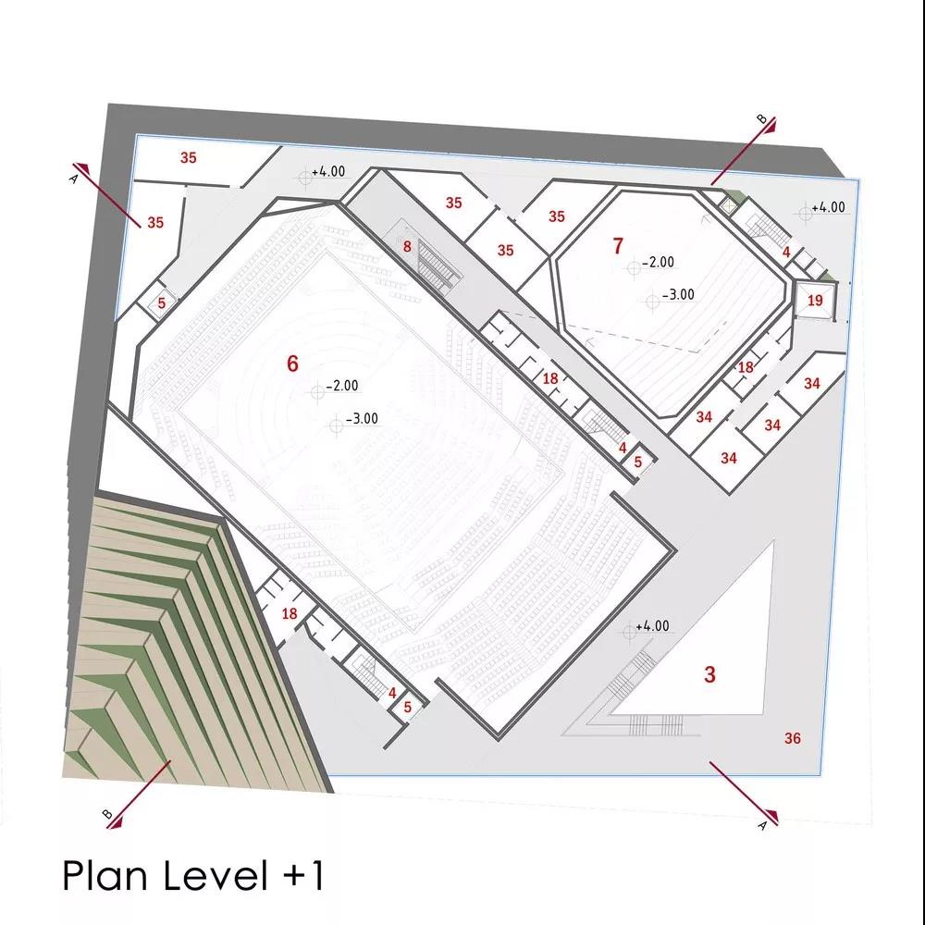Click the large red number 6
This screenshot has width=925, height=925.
[x=292, y=364]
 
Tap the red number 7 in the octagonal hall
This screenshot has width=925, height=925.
[x=618, y=246]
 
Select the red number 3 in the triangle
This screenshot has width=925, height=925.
[x=710, y=674]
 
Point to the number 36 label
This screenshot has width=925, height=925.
[x=793, y=738]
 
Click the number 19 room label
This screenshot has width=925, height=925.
[x=815, y=301]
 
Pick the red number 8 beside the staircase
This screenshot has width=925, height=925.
[x=407, y=247]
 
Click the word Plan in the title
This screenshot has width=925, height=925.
[x=105, y=875]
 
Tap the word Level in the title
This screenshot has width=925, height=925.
[x=216, y=875]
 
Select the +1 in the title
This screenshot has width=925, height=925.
[x=303, y=875]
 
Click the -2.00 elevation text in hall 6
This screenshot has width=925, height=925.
[x=342, y=386]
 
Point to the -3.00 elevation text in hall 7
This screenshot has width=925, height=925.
[x=678, y=294]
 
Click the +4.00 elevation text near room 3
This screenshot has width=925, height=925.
[x=652, y=625]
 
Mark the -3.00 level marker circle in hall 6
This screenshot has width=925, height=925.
[x=337, y=425]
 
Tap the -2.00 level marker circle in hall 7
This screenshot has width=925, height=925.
[x=634, y=268]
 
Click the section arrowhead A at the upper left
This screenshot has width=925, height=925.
[x=82, y=169]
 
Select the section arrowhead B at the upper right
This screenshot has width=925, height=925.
[x=771, y=125]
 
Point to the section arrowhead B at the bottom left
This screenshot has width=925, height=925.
[x=116, y=821]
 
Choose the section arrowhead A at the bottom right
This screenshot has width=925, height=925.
[x=771, y=817]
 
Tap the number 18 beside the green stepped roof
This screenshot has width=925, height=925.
[x=289, y=613]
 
